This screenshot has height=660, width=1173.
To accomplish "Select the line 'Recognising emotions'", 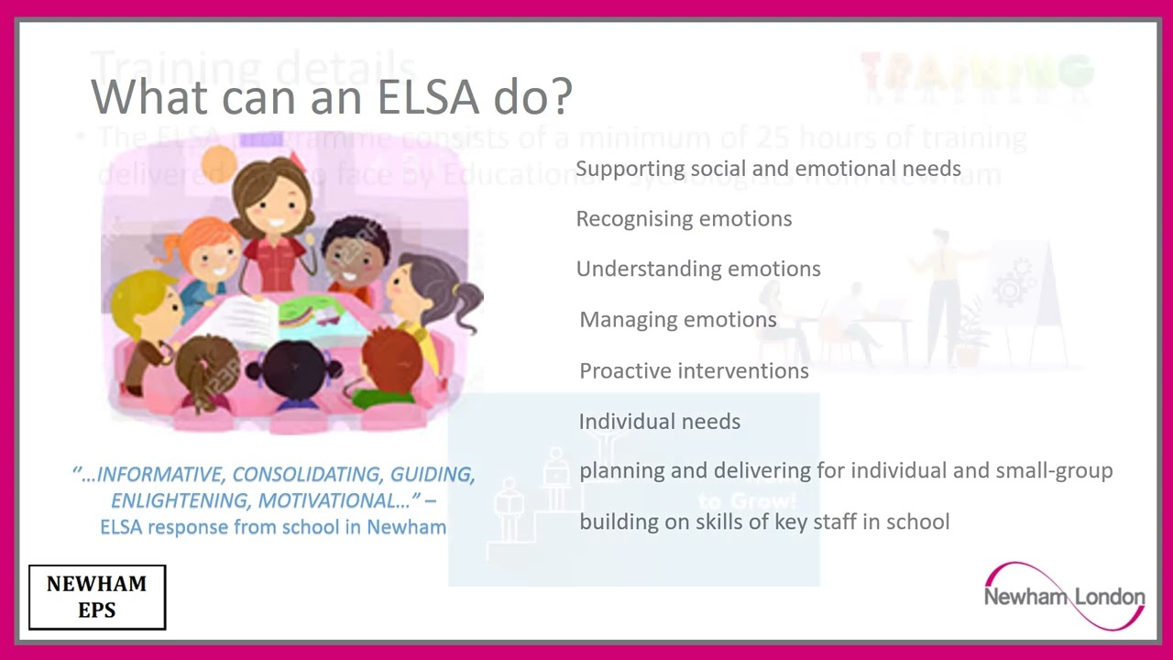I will (x=684, y=219).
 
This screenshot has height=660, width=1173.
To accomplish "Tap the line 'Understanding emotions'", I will (x=698, y=269).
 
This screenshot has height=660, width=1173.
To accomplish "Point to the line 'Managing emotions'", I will (x=678, y=320).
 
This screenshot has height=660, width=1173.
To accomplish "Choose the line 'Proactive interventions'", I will (x=694, y=371).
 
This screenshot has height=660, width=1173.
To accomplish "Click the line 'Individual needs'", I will (x=659, y=422).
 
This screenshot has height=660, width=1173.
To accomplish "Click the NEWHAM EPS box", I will (x=97, y=597).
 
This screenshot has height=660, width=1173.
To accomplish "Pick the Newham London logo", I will (x=1064, y=597).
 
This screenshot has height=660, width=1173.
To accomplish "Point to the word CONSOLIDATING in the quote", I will (x=307, y=475).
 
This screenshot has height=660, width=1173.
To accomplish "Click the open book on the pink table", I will (x=240, y=320).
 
